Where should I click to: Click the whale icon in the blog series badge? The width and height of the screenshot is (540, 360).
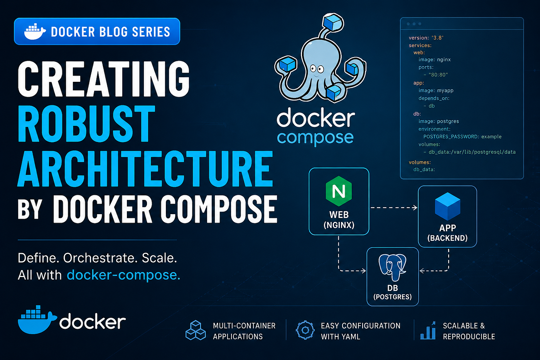point(35,32)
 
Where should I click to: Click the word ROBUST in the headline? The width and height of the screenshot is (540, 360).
point(86,123)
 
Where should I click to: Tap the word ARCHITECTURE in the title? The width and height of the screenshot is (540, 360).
point(145,169)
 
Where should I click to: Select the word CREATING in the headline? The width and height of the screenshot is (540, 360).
point(104,79)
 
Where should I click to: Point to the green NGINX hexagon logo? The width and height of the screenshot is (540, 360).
point(339,191)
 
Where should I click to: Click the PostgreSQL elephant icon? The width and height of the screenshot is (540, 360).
point(393,267)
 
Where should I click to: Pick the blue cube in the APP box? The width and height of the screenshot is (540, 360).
point(448,206)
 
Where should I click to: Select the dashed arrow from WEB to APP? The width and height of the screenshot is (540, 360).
point(394,208)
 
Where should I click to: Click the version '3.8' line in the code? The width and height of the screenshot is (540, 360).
point(426,37)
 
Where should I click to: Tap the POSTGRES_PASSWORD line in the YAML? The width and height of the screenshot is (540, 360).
point(462,137)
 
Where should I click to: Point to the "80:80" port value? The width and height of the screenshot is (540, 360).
point(438,75)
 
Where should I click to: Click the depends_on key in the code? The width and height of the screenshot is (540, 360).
point(434,98)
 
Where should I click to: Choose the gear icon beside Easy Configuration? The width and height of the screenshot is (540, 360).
point(305,330)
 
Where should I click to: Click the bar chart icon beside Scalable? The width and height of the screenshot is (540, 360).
point(428,330)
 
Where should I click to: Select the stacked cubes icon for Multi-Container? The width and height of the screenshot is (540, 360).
point(196,330)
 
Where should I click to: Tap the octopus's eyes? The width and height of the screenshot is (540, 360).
point(317,69)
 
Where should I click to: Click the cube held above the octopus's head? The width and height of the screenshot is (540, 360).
point(332,22)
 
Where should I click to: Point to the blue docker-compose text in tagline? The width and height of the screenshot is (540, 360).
point(123,275)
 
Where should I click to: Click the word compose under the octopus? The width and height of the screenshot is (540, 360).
point(316,138)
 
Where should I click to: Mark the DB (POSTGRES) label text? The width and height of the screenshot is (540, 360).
point(393,292)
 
